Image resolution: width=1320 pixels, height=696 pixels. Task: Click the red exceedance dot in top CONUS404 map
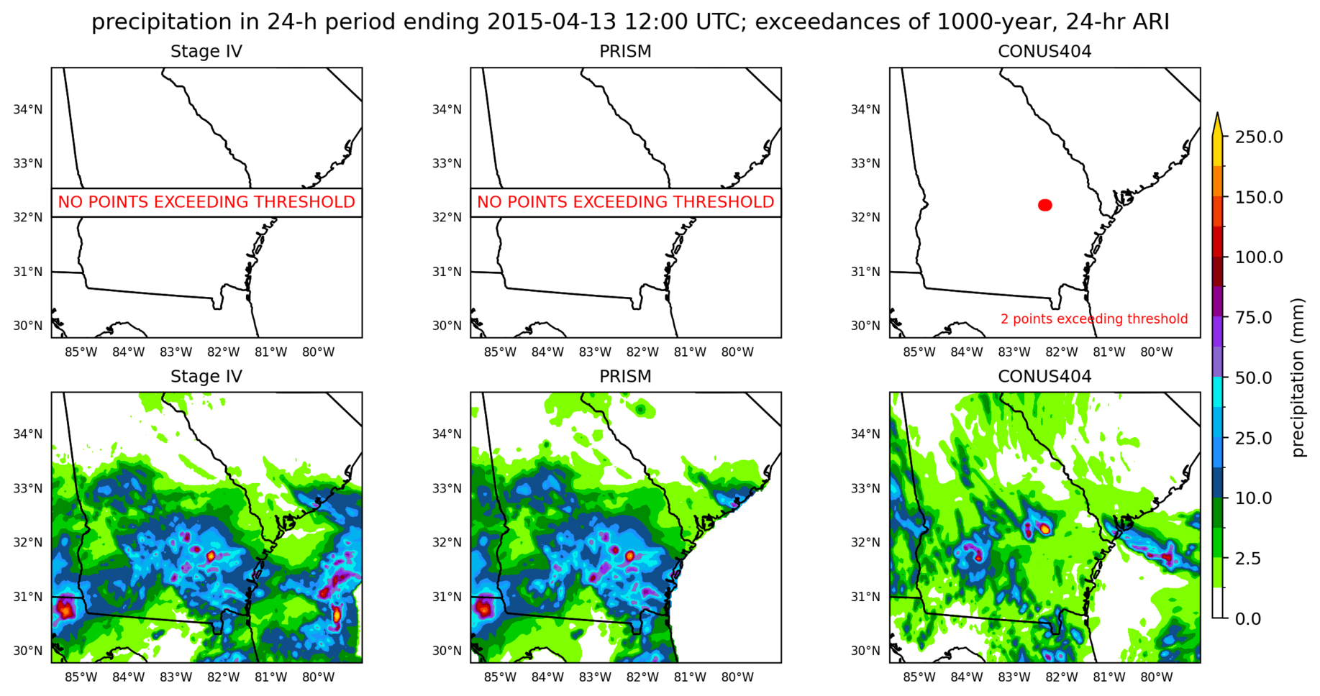coord(1045,205)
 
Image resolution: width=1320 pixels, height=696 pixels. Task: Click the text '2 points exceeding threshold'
coord(1093,319)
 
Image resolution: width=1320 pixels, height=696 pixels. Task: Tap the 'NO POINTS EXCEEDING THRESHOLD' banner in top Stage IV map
coord(206,202)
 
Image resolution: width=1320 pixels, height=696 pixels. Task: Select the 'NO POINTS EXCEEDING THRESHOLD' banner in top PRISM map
coord(625,202)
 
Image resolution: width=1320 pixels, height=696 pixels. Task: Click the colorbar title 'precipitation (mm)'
coord(1298,377)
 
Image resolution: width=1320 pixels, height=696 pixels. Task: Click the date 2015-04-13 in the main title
coord(552,22)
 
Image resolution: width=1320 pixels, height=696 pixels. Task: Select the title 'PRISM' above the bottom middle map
coord(625,376)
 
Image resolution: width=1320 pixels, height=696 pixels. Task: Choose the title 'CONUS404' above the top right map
coord(1044,51)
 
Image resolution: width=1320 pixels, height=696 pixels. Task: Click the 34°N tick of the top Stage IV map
coord(27,109)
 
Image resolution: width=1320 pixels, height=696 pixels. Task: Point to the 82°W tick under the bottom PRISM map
coord(642,677)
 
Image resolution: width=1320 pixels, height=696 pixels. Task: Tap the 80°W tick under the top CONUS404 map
coord(1157,352)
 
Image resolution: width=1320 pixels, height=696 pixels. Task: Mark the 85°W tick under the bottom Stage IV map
coord(81,677)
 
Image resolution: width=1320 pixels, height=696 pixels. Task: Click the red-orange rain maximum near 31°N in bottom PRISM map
coord(483,608)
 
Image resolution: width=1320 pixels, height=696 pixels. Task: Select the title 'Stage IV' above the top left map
coord(206,51)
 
